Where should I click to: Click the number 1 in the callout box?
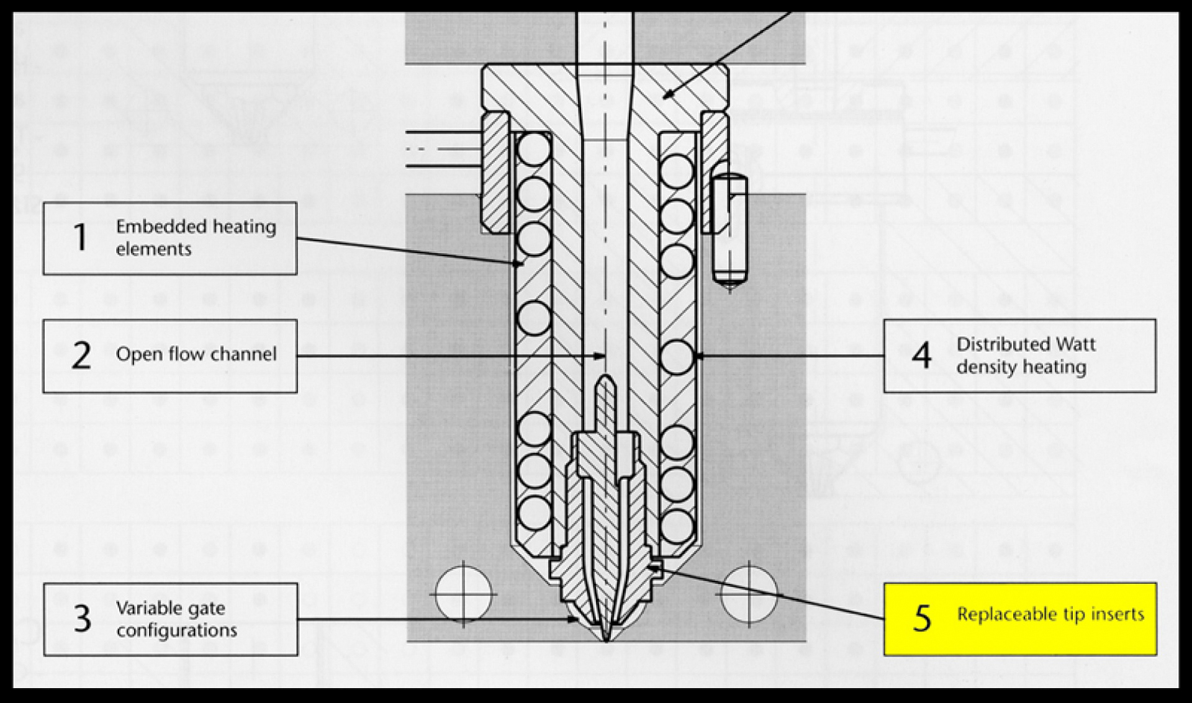point(80,238)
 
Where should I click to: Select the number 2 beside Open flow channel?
point(81,356)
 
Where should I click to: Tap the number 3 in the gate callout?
point(82,619)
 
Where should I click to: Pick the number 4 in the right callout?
point(922,356)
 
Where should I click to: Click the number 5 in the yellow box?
point(923,618)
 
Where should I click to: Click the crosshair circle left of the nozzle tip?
point(464,594)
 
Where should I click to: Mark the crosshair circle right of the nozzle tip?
point(749,594)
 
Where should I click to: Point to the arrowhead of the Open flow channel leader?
point(600,356)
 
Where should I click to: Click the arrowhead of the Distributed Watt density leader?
point(700,356)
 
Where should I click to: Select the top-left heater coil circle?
point(534,149)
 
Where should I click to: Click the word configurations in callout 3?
point(177,630)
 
